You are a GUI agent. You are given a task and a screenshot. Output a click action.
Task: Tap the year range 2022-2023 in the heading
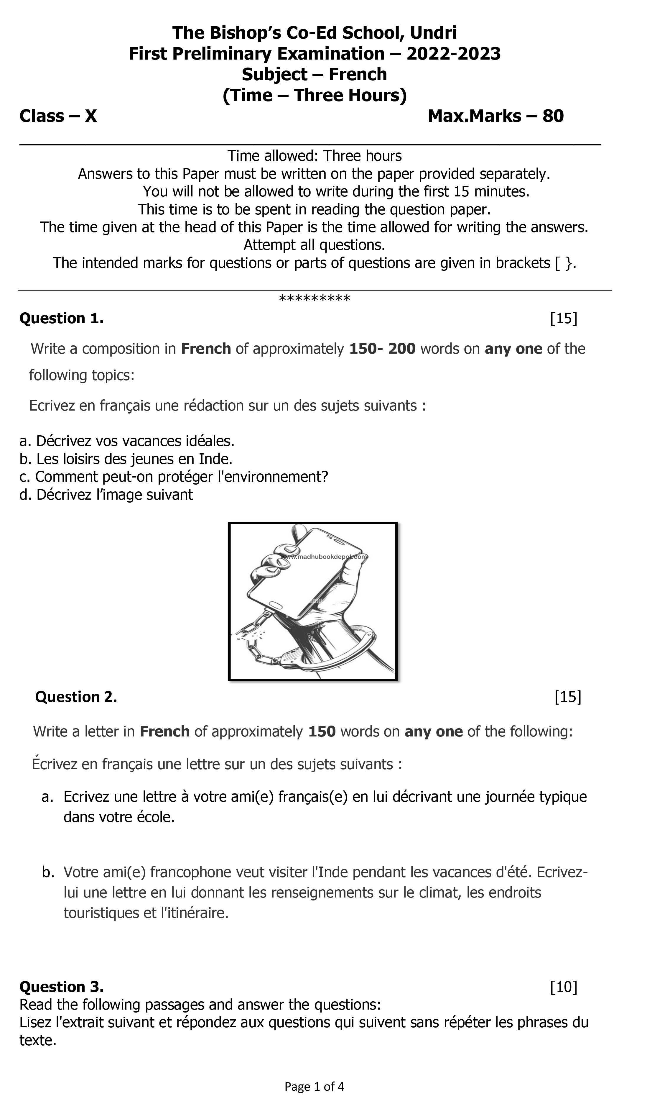[x=453, y=54]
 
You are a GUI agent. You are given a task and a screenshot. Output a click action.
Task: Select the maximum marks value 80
[x=553, y=116]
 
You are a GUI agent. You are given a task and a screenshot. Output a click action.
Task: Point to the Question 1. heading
[x=61, y=318]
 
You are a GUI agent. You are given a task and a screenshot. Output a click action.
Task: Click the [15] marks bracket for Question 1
[x=564, y=318]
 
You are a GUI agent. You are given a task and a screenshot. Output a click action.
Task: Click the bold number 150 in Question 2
[x=322, y=732]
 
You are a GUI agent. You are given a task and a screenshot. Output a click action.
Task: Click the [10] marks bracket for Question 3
[x=564, y=987]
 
